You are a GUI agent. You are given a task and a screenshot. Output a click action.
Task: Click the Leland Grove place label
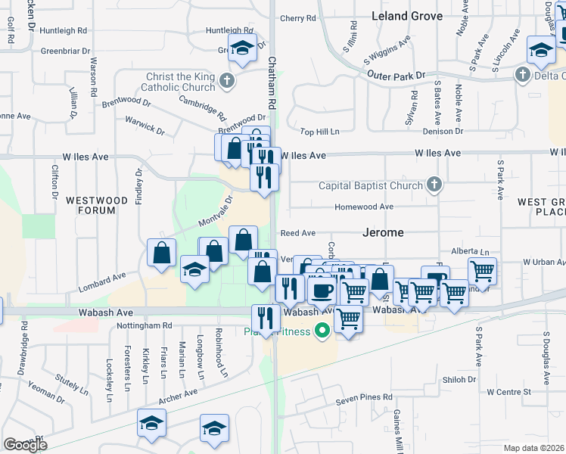coord(407,16)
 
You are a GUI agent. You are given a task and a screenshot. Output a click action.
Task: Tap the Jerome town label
coord(383,232)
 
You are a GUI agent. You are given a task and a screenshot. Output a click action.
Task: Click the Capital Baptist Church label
coord(370,185)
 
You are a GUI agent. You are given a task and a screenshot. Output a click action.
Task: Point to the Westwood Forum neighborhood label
coord(96,205)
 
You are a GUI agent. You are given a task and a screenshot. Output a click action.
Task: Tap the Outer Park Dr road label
coord(397,76)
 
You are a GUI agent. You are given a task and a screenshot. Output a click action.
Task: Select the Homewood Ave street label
coord(365,207)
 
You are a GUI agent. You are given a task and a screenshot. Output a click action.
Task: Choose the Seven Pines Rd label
coord(366,396)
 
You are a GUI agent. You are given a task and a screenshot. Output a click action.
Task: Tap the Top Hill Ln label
coord(319,132)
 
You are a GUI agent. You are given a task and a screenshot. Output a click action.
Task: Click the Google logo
coord(25,445)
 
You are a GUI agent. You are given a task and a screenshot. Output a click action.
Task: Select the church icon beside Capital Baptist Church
coord(434,185)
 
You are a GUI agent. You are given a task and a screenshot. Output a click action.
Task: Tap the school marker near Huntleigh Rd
coord(242,48)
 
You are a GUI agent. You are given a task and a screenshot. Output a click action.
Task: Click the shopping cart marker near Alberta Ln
coord(482,270)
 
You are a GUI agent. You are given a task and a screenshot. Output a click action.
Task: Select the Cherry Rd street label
coord(297,18)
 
